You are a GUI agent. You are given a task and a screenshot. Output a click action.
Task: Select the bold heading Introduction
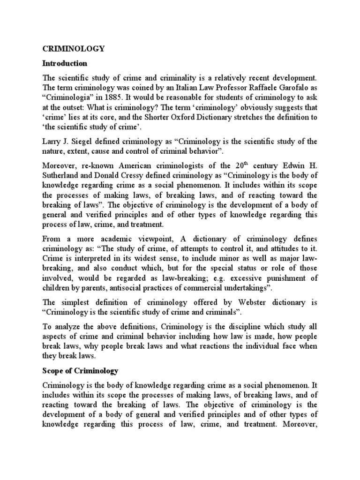pos(65,63)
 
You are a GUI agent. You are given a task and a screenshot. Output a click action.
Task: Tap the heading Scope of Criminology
pos(81,371)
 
